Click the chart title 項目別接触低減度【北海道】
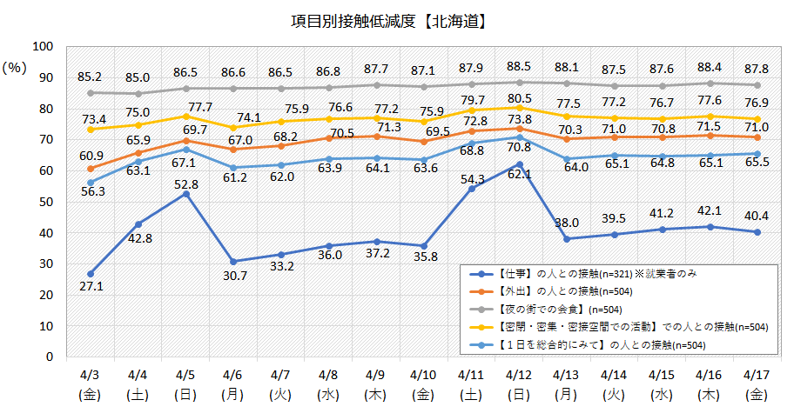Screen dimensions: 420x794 (x=388, y=19)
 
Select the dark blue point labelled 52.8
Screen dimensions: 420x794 (x=185, y=193)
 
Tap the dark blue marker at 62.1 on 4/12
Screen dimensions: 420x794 (x=519, y=164)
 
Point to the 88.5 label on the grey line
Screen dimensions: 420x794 (x=519, y=66)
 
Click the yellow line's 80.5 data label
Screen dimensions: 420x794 (x=519, y=97)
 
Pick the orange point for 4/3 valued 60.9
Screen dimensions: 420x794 (x=91, y=168)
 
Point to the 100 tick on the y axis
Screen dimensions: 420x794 (x=43, y=46)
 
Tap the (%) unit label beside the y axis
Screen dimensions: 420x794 (x=15, y=67)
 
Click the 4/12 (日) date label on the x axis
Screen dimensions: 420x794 (x=519, y=384)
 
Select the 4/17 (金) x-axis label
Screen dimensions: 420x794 (x=757, y=384)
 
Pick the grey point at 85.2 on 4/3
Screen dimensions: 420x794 (x=91, y=92)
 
